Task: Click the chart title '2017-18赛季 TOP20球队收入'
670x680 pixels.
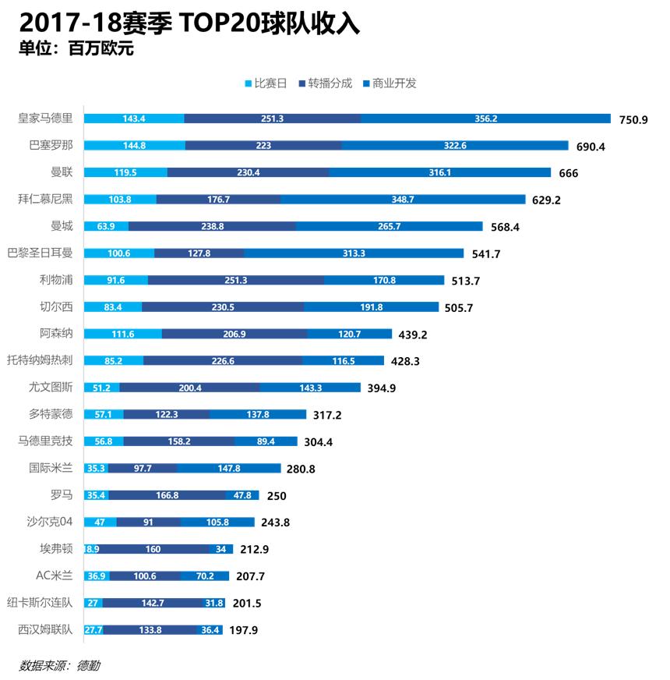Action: (x=189, y=22)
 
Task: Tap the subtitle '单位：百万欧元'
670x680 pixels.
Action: (x=76, y=48)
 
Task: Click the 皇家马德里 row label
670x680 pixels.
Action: (x=46, y=119)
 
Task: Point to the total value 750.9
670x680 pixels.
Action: (x=633, y=119)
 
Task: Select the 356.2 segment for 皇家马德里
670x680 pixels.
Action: (x=485, y=119)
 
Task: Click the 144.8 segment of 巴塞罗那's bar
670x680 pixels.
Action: (x=134, y=146)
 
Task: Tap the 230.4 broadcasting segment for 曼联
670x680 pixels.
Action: (x=248, y=172)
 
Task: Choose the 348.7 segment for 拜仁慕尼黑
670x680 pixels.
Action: (x=403, y=200)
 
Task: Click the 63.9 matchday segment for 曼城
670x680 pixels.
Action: (x=106, y=226)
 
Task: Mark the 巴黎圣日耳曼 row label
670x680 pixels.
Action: (x=41, y=253)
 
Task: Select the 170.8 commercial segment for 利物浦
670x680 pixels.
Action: (x=384, y=280)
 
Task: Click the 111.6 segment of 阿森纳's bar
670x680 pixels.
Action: (x=123, y=334)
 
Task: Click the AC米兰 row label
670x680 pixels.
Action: (x=54, y=576)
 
